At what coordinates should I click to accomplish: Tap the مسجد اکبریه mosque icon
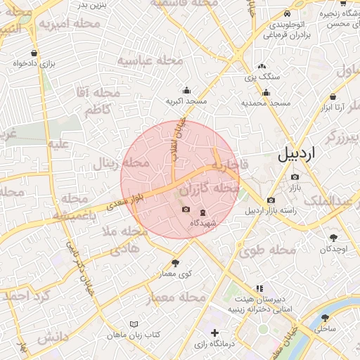coord(186,90)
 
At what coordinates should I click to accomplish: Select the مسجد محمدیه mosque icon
coord(266,92)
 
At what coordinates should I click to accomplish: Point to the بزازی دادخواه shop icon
coord(34,53)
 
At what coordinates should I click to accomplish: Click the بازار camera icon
coord(295,176)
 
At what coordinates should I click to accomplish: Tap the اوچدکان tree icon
coord(333,238)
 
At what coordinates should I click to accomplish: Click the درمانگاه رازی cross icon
coord(215,332)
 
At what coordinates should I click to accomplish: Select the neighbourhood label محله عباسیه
coord(149,60)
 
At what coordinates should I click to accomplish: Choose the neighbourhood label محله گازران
coord(210,190)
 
